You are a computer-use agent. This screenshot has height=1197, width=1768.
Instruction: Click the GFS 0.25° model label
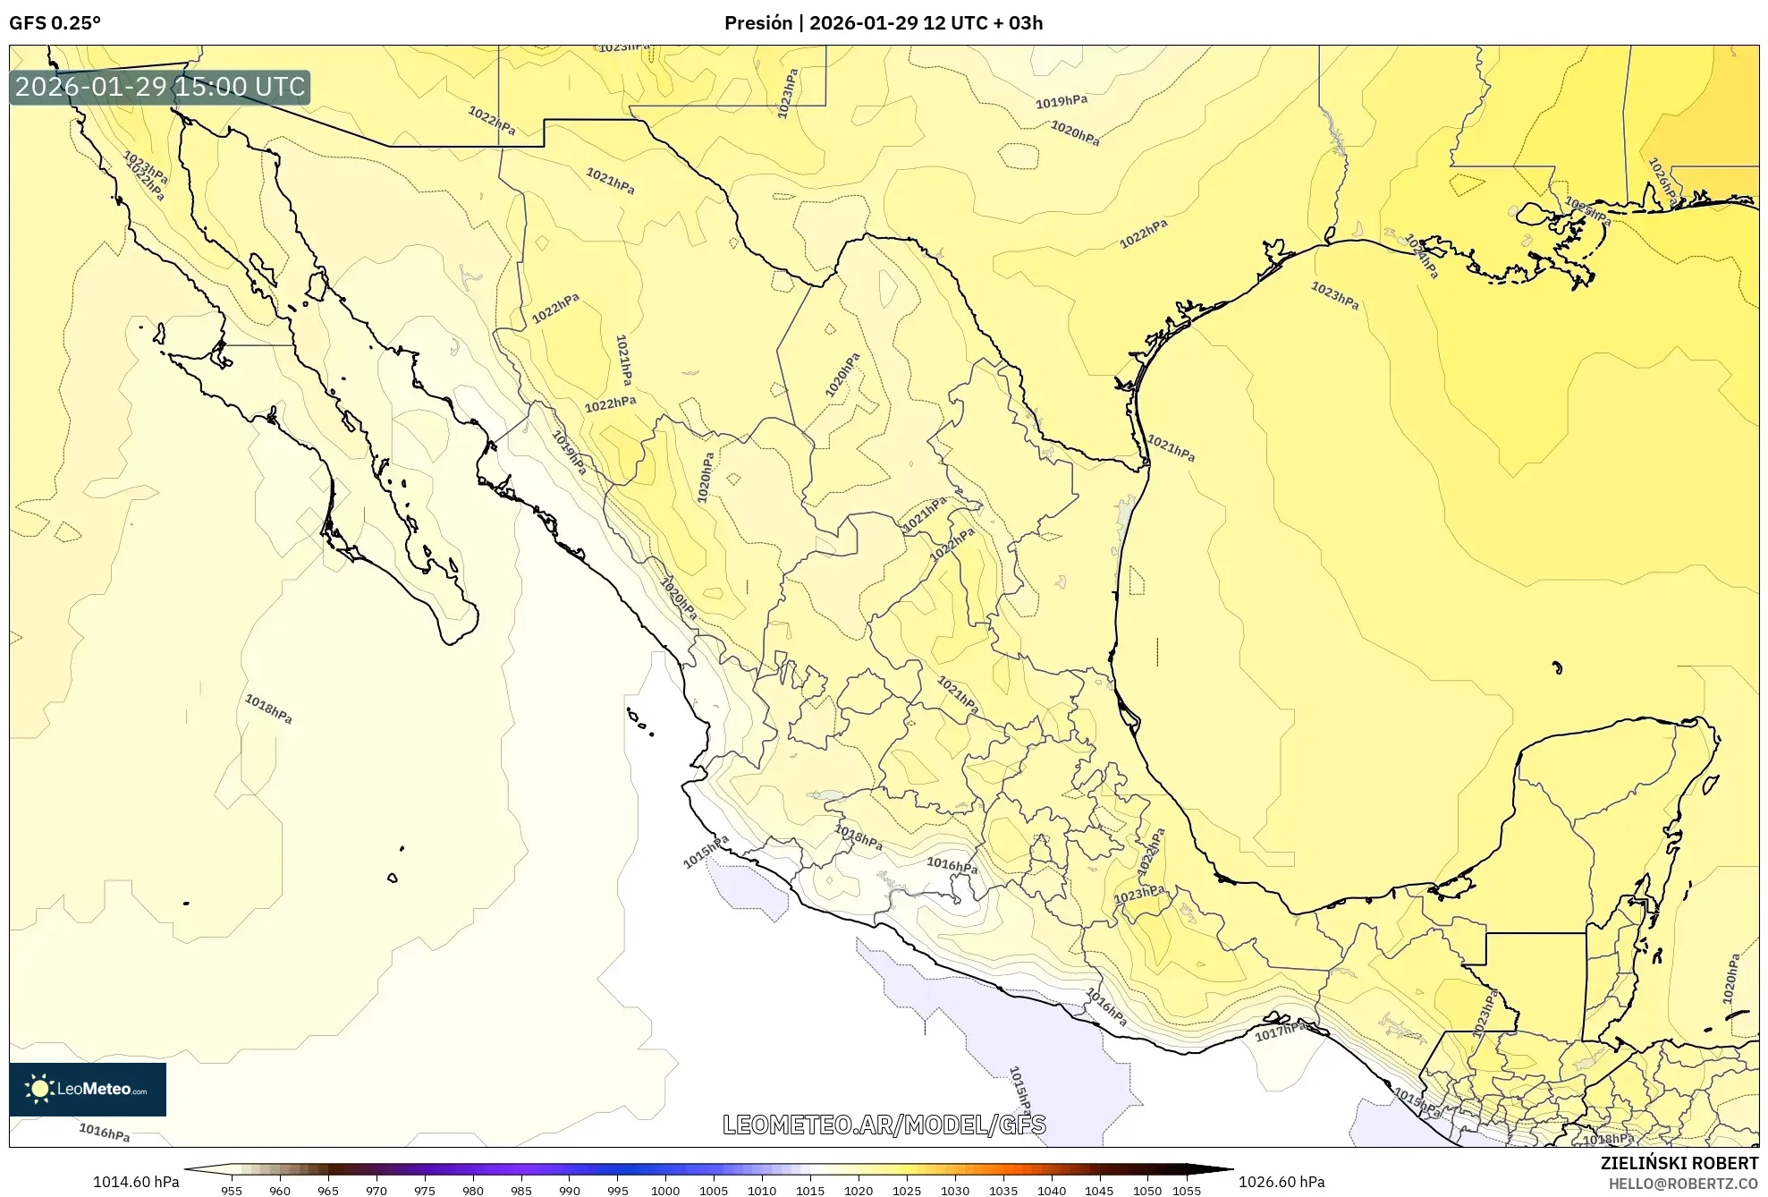pos(55,23)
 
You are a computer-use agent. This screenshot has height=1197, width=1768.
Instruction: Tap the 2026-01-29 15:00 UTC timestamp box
pos(160,87)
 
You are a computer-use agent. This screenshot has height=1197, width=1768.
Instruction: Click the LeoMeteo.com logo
pos(88,1089)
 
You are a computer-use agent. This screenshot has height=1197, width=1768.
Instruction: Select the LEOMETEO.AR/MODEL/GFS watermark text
pos(884,1125)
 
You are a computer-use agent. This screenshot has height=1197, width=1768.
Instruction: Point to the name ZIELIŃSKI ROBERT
pos(1679,1163)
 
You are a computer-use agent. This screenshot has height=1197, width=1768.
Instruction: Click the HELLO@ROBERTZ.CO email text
pos(1683,1184)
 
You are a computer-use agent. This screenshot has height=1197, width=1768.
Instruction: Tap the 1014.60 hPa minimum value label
pos(136,1182)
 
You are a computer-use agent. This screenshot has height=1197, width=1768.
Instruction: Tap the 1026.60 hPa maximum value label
pos(1281,1182)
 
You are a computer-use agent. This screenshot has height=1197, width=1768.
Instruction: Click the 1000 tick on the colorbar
pos(665,1191)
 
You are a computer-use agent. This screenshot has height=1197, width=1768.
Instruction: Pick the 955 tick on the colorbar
pos(232,1191)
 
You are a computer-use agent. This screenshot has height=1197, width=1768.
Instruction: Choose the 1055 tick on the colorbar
pos(1187,1191)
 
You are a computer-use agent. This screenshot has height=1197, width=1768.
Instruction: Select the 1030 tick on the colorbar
pos(955,1191)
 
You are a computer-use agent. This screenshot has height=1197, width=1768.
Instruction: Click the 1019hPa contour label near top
pos(1062,102)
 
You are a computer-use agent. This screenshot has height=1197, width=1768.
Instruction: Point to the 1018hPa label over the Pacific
pos(268,709)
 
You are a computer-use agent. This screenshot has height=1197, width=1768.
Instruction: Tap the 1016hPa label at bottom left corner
pos(105,1133)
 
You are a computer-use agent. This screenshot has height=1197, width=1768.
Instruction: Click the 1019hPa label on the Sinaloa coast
pos(570,453)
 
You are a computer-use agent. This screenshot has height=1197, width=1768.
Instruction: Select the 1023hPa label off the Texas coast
pos(1334,295)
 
